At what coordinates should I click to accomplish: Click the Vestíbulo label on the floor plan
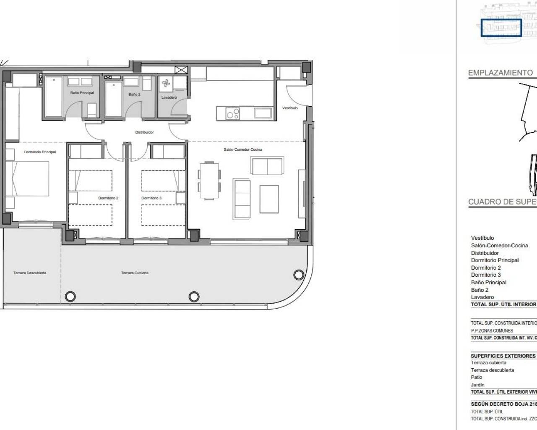(290, 108)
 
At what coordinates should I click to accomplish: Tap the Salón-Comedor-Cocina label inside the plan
(243, 149)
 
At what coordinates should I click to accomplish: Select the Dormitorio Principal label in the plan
(40, 152)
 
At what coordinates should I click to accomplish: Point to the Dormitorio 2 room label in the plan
(108, 198)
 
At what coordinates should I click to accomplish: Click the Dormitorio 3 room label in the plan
(151, 198)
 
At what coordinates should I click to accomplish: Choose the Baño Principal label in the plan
(82, 93)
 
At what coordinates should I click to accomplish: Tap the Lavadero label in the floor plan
(169, 97)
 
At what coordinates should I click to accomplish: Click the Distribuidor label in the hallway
(144, 132)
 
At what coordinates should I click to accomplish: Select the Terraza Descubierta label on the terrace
(30, 273)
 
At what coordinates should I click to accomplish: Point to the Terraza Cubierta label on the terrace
(135, 273)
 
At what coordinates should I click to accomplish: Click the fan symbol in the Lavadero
(166, 84)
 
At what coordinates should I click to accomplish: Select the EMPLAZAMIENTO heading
(500, 73)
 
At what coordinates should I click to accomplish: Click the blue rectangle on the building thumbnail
(501, 28)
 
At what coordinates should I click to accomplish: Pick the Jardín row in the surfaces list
(477, 385)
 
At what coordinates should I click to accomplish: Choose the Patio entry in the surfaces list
(477, 377)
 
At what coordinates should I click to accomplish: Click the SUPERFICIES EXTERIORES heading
(503, 356)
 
